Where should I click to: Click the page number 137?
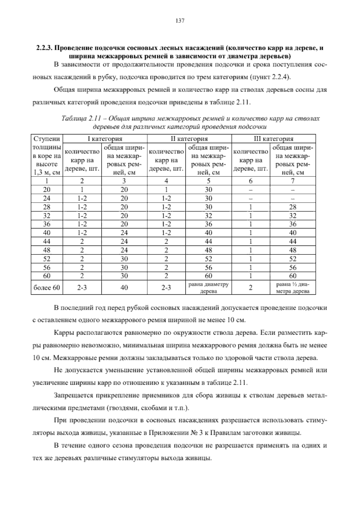tap(180, 21)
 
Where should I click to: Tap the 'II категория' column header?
tap(189, 139)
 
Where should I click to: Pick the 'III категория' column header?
tap(273, 139)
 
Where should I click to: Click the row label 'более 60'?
tap(47, 288)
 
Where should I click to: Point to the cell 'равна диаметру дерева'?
tap(208, 288)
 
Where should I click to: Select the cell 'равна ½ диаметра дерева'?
tap(293, 288)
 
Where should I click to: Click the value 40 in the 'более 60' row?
tap(124, 288)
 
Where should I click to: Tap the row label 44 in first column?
tap(47, 241)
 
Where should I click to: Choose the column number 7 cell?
tap(293, 181)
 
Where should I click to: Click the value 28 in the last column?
tap(293, 207)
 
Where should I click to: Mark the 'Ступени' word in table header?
tap(47, 139)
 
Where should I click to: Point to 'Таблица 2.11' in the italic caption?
tap(78, 118)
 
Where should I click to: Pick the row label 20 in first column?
tap(47, 190)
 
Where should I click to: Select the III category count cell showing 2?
tap(251, 288)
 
